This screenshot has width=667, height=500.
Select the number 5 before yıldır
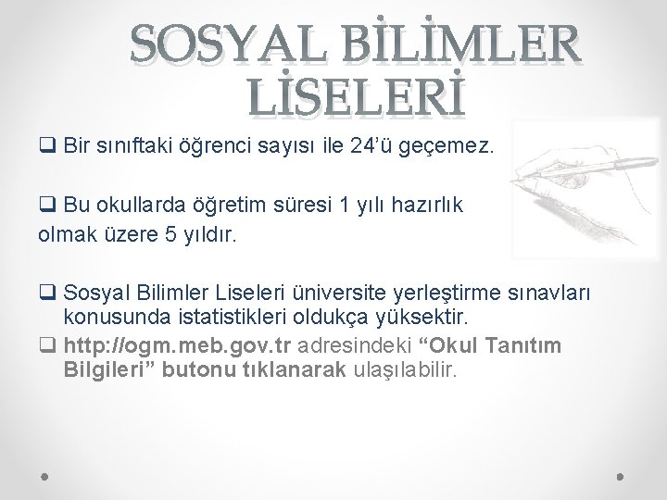[x=168, y=235]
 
